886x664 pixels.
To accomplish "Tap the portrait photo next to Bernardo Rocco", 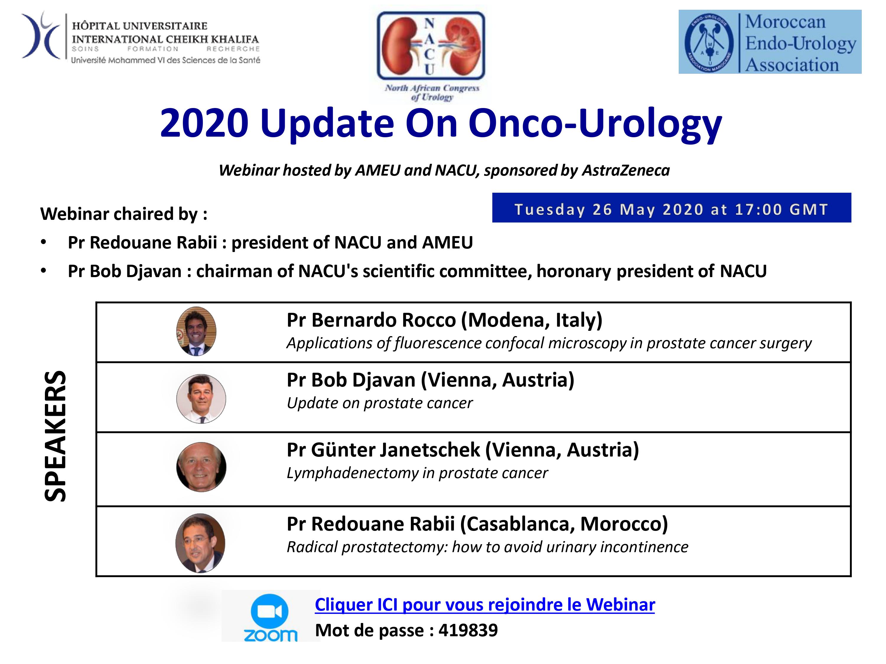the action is [196, 331].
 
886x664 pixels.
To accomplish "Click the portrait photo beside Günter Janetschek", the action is [201, 467].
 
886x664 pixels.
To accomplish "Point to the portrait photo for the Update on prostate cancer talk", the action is [201, 399].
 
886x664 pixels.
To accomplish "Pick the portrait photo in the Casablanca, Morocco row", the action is [200, 543].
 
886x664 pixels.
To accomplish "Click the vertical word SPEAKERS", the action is [55, 436].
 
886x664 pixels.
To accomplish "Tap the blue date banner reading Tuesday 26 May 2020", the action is [671, 208].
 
